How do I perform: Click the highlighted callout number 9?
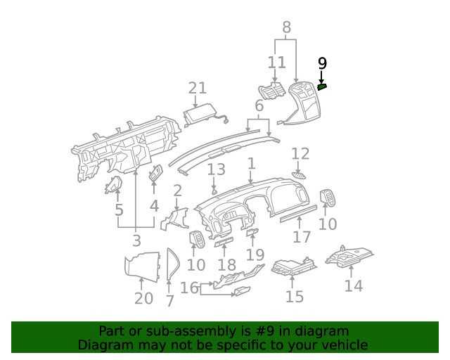(x=322, y=63)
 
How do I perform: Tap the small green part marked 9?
(x=322, y=86)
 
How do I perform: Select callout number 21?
(x=198, y=88)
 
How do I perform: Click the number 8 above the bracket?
(x=286, y=28)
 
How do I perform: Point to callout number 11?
(x=276, y=63)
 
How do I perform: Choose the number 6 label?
(x=259, y=106)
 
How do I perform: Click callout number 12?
(x=300, y=153)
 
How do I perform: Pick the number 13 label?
(x=216, y=169)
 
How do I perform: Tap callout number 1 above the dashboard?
(x=251, y=164)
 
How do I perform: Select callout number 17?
(x=302, y=237)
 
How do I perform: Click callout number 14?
(x=354, y=285)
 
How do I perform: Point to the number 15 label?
(x=295, y=296)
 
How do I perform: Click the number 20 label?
(x=143, y=298)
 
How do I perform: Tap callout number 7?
(x=169, y=301)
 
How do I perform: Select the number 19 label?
(x=255, y=254)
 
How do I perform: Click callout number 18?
(x=226, y=264)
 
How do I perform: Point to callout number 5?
(x=120, y=210)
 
